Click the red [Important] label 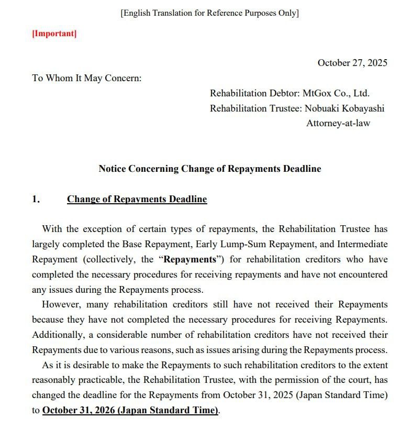54,34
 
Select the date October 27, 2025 352,63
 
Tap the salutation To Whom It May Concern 87,78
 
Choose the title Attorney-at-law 338,124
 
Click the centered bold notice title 210,169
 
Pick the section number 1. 36,199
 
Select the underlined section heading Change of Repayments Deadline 137,199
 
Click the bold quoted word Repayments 189,259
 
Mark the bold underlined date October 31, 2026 130,410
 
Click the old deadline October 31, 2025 258,395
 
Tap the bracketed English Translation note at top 209,13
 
